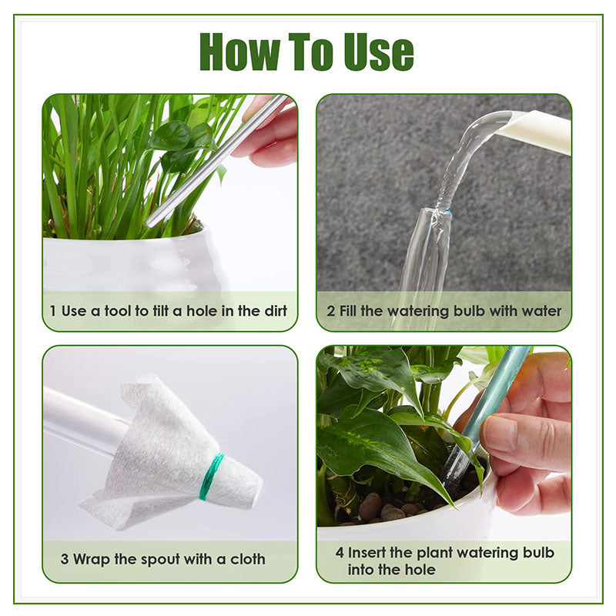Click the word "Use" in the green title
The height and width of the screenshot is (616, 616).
[x=377, y=52]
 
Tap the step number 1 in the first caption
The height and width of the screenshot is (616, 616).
[x=52, y=311]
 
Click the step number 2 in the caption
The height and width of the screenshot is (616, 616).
[x=330, y=311]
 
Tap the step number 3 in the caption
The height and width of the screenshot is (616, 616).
[x=65, y=559]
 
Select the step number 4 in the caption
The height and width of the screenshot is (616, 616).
[x=340, y=553]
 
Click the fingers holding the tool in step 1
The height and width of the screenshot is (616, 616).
[x=269, y=135]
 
